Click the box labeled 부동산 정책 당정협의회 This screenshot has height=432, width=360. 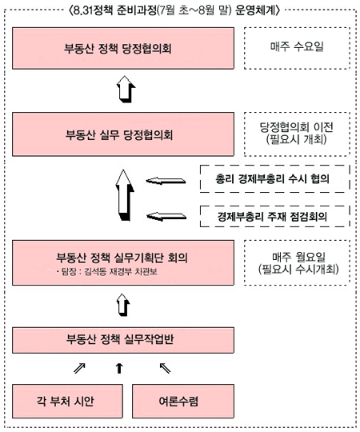(x=123, y=48)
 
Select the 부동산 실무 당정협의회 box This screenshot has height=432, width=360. (x=123, y=134)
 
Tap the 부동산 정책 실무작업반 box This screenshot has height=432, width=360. (x=123, y=340)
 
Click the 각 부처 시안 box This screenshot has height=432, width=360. (x=67, y=401)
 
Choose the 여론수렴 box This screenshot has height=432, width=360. (x=183, y=401)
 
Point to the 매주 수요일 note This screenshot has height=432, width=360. (x=297, y=48)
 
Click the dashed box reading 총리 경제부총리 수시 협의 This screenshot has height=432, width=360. (x=275, y=179)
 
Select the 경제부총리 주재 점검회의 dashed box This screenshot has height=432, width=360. (x=275, y=216)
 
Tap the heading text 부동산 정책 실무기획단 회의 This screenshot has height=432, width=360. (x=122, y=258)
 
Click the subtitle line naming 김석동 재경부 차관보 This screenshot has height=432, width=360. (x=107, y=272)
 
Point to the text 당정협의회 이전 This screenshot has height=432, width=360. (x=297, y=127)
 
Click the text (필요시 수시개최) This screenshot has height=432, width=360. (x=298, y=269)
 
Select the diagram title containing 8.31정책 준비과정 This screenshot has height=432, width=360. (x=174, y=11)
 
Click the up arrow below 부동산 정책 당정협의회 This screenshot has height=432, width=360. (x=126, y=90)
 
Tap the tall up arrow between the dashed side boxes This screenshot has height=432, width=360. (x=124, y=195)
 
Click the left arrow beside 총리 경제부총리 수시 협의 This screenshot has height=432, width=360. (x=166, y=181)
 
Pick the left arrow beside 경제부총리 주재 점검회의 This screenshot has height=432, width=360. (x=166, y=216)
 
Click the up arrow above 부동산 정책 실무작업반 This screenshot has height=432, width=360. (x=123, y=305)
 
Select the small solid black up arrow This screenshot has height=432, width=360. (x=119, y=368)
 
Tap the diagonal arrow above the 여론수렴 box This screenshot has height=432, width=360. (x=165, y=368)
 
